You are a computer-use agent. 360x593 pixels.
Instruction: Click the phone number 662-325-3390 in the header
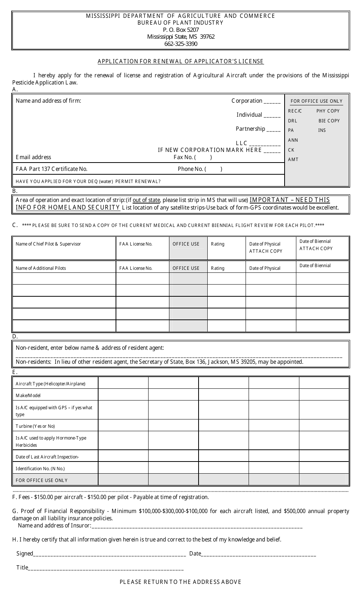181,44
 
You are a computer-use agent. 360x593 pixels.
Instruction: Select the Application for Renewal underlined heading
181,61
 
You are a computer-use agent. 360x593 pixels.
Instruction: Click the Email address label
33,157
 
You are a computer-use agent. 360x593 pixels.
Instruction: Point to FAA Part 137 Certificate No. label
52,169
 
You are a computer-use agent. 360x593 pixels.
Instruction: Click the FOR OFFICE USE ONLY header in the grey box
316,101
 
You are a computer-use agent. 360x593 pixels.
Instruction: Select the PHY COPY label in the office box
328,111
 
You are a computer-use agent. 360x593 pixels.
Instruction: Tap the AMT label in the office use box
293,160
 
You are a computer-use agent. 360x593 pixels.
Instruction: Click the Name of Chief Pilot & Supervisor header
48,244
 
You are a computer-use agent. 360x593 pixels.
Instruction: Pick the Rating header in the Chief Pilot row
218,244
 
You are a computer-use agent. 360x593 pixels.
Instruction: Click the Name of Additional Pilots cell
41,268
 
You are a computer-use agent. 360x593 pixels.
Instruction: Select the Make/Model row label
28,396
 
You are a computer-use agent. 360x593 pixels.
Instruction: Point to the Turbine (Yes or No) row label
35,426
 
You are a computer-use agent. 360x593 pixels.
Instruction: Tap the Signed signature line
110,554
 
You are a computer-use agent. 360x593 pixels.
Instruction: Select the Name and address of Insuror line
197,526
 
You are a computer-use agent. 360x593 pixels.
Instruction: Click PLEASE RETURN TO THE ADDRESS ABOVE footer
180,582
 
